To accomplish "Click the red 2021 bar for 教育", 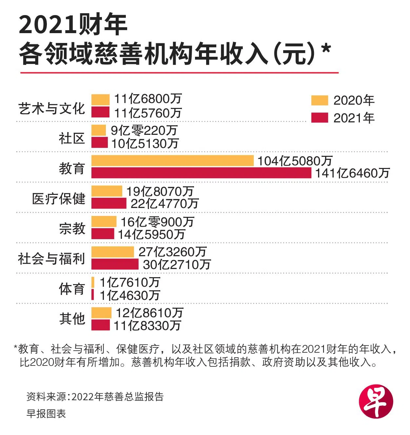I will point(201,173).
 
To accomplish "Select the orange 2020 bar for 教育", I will point(172,161).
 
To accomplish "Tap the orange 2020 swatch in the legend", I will point(319,100).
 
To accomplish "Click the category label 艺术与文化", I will point(51,109).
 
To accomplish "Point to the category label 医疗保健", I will point(59,198).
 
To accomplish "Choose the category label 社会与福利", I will point(51,259).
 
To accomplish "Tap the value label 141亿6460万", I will point(352,173).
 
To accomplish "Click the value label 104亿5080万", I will point(295,161).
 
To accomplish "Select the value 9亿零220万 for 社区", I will point(144,131).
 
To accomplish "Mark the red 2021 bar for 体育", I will point(93,295).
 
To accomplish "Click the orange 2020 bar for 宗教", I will point(104,221).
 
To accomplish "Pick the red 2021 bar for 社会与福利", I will point(115,264).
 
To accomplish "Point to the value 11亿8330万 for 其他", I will point(147,325).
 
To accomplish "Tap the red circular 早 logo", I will point(376,402).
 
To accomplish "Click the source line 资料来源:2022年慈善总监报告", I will point(95,397).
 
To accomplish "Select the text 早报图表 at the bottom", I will point(46,413).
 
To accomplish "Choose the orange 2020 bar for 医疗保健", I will point(107,191).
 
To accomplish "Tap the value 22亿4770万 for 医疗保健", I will point(165,204).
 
